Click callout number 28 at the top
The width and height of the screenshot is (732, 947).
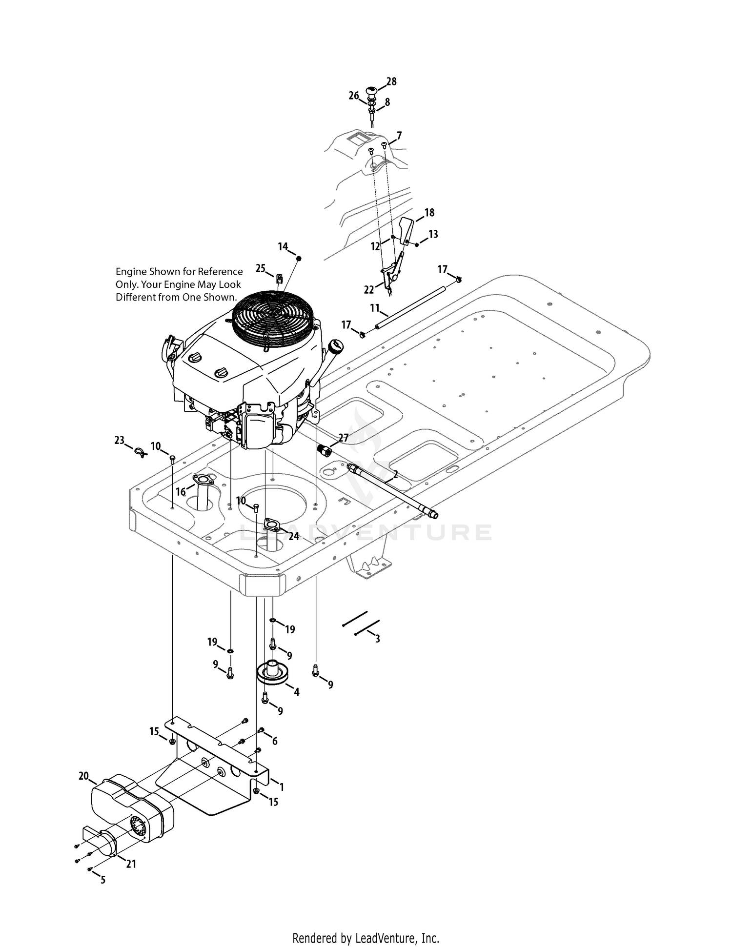tap(391, 81)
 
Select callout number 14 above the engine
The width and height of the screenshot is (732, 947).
tap(283, 247)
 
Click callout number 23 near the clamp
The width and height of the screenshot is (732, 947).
tap(120, 440)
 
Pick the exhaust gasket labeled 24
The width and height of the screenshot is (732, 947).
tap(272, 525)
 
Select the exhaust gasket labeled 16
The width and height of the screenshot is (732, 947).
tap(201, 480)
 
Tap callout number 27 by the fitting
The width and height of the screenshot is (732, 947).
tap(344, 438)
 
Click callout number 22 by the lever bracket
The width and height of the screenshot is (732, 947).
tap(369, 289)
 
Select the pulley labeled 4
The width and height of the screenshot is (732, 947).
tap(273, 674)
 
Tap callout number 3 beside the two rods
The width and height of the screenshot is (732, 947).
tap(377, 638)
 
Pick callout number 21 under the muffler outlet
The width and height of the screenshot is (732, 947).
tap(131, 864)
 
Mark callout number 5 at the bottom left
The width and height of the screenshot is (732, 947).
tap(102, 880)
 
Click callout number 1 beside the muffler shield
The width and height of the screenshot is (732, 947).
tap(281, 787)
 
